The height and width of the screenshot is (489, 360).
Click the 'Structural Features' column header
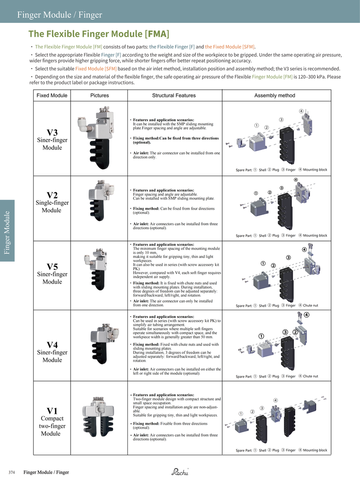click(x=174, y=95)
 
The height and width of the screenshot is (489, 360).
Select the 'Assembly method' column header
click(x=274, y=95)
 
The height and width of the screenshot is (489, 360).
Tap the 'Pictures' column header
click(x=99, y=95)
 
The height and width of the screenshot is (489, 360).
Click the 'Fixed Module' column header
click(x=52, y=95)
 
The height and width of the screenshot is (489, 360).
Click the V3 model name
click(x=52, y=132)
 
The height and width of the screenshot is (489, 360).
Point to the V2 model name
click(x=52, y=195)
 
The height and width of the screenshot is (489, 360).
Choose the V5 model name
click(x=52, y=266)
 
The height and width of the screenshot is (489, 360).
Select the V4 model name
click(x=52, y=344)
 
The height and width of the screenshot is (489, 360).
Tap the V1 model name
click(x=52, y=411)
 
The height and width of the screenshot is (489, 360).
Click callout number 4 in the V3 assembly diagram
click(x=301, y=111)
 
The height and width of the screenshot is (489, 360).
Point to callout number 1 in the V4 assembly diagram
click(x=261, y=336)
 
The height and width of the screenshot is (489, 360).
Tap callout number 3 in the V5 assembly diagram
click(x=288, y=258)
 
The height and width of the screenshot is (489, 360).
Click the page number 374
click(x=12, y=472)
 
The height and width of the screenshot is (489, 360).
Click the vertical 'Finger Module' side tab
click(x=7, y=230)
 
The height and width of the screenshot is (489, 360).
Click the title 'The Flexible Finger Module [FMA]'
click(x=99, y=34)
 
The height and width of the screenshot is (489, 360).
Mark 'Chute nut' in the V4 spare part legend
click(x=310, y=376)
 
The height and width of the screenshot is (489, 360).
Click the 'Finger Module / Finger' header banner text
click(x=59, y=15)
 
